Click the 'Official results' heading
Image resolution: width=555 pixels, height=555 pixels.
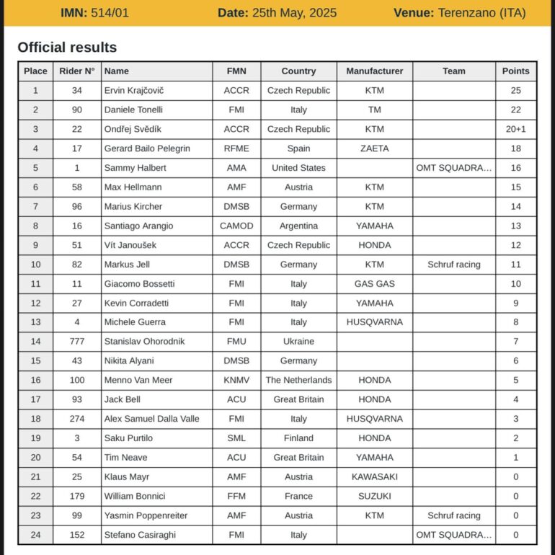click(x=67, y=48)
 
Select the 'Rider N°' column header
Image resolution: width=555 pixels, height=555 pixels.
click(x=77, y=71)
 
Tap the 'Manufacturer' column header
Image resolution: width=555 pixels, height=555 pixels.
click(x=374, y=71)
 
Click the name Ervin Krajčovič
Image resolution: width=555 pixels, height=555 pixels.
click(x=134, y=91)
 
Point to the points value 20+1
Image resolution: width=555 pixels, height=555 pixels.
click(x=515, y=129)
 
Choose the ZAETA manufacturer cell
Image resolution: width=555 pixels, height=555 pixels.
click(x=374, y=148)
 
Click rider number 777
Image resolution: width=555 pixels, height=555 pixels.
click(x=77, y=342)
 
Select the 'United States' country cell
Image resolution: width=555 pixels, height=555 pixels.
click(x=298, y=168)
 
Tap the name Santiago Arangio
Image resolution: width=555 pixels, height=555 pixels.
click(x=138, y=226)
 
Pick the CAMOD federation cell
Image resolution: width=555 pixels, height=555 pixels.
click(x=236, y=226)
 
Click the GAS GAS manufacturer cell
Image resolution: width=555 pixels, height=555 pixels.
click(x=374, y=284)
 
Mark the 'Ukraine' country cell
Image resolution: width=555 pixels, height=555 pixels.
click(x=298, y=342)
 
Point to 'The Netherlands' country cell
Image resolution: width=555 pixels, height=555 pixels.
click(x=298, y=380)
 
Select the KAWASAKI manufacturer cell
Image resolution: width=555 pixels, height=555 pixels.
click(x=374, y=476)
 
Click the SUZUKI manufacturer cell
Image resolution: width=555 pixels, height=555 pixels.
click(x=374, y=496)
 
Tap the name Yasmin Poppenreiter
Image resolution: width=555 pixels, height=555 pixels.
click(x=147, y=515)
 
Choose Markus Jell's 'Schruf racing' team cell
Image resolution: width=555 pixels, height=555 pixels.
click(x=453, y=265)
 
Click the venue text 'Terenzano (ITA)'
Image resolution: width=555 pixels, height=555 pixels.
click(x=481, y=13)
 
